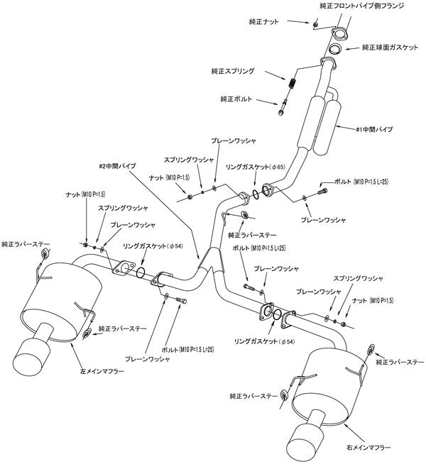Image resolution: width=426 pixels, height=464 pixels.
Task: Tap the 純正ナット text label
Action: tap(272, 23)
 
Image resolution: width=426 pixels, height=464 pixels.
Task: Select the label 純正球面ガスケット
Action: tap(389, 48)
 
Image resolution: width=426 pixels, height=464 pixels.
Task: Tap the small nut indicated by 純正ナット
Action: tap(315, 23)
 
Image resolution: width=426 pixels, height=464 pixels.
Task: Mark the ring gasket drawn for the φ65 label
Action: tap(254, 192)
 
